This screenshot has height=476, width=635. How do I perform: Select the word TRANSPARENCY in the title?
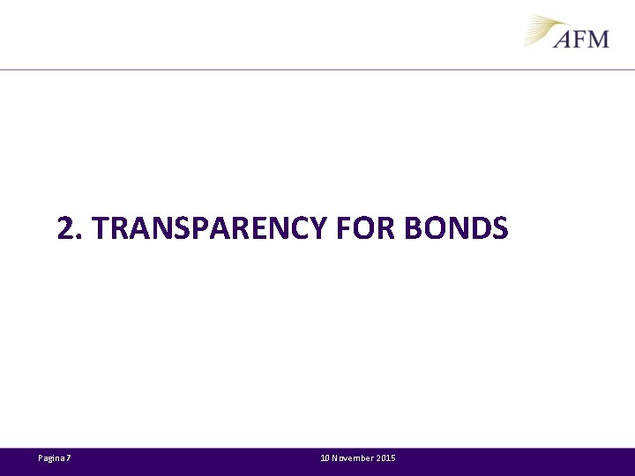coord(209,229)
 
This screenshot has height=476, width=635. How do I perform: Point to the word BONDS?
coord(456,229)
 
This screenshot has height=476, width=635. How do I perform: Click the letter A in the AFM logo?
coord(564,38)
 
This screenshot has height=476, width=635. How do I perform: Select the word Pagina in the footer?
coord(51,458)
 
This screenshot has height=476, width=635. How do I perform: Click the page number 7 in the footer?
coord(69,458)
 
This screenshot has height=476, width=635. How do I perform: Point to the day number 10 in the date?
coord(325,458)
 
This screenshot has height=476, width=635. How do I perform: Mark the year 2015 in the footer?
coord(386,458)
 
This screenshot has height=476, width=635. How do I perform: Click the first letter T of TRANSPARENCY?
coord(101,229)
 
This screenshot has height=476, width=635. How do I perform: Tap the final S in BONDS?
coord(500,229)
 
